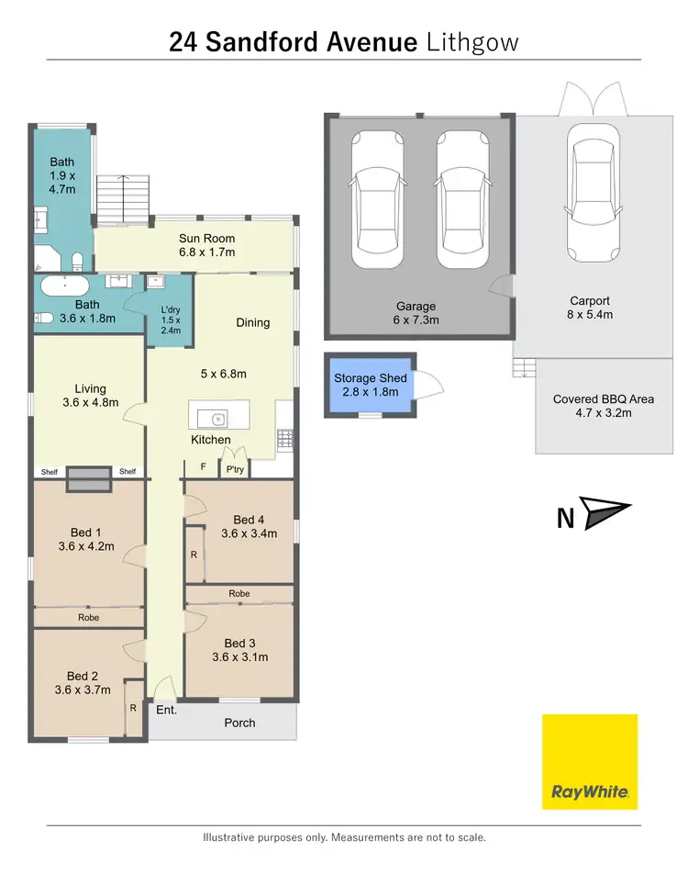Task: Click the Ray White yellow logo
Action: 589,761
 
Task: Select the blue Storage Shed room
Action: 370,386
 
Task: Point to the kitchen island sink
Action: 218,420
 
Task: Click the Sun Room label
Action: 206,239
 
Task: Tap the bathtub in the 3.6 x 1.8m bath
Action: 65,285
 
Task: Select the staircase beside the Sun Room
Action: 121,200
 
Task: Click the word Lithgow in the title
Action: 473,41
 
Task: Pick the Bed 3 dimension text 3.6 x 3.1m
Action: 239,657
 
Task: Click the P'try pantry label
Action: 235,468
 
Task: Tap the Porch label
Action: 240,723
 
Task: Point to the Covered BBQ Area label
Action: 603,399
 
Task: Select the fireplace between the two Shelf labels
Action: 89,476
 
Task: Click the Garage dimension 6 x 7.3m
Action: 416,320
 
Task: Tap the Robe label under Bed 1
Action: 88,618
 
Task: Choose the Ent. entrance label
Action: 166,711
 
